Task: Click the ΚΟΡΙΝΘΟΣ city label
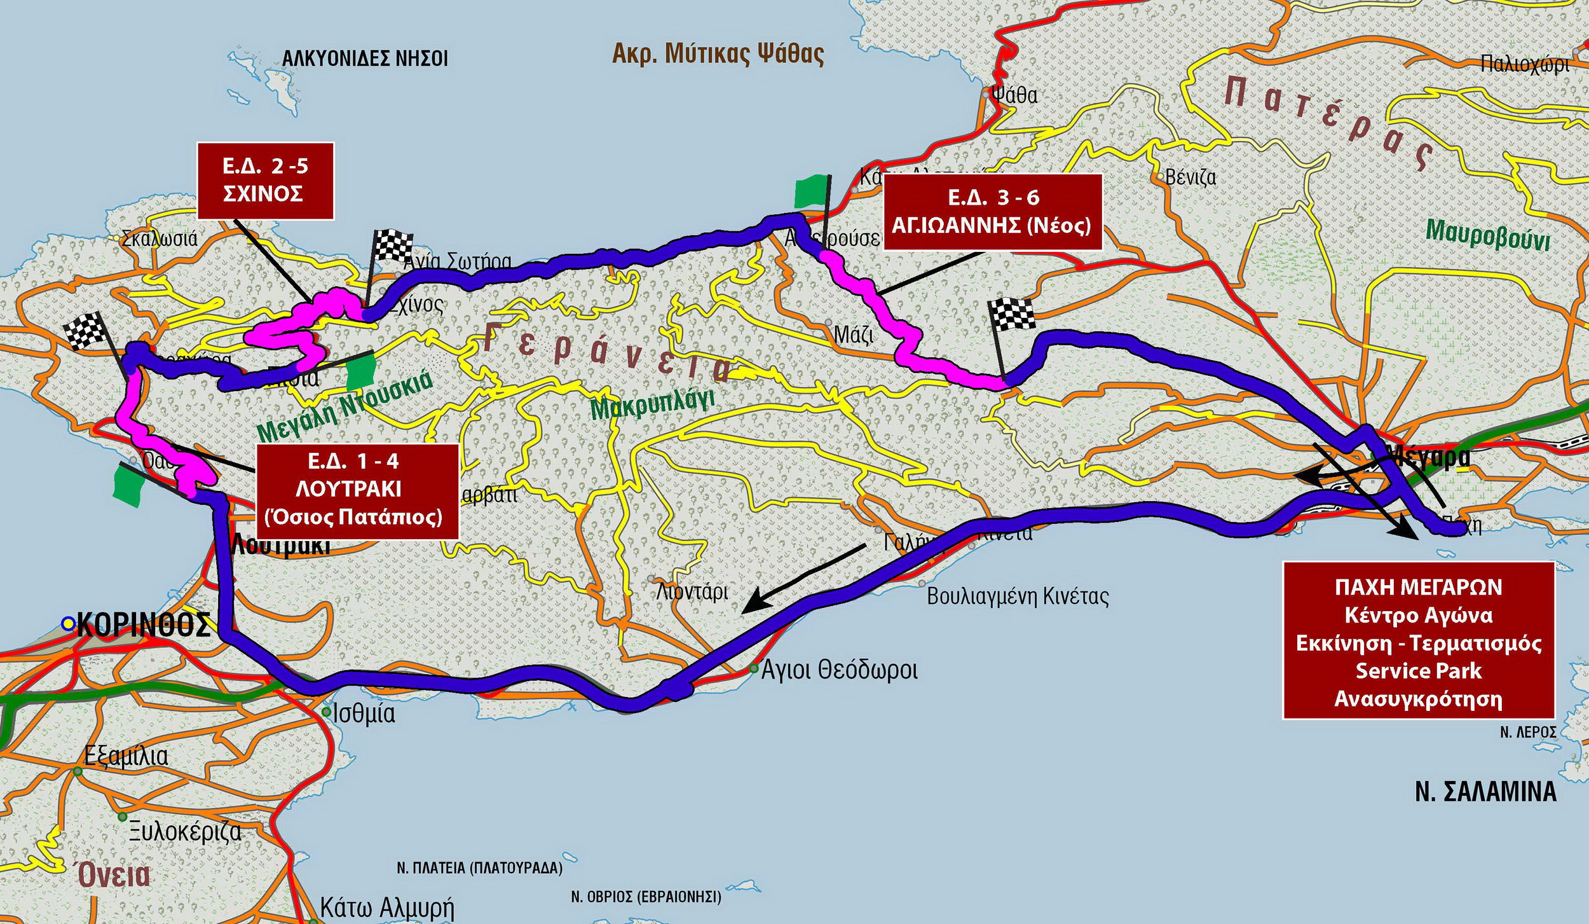144,625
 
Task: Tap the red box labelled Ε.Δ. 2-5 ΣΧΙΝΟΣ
266,181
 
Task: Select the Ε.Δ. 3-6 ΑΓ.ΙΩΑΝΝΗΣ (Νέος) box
992,212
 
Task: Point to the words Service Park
1419,671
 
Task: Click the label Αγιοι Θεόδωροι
839,670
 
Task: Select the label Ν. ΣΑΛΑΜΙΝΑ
1485,792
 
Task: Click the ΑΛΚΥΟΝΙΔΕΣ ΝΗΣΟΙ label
365,59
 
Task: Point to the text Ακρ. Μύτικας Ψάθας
718,54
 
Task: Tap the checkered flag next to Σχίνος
393,245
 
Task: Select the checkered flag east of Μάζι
1012,314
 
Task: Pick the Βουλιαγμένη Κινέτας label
1018,596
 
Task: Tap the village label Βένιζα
1190,177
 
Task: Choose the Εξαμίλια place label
126,757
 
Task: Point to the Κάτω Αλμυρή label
386,907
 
